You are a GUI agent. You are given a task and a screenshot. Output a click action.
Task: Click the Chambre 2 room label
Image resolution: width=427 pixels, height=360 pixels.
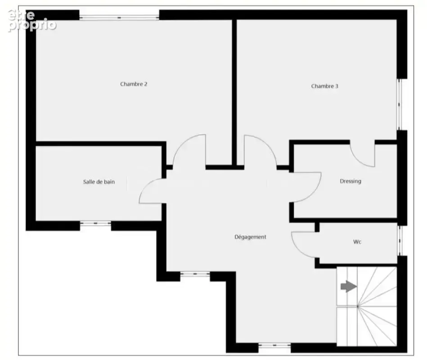(134, 84)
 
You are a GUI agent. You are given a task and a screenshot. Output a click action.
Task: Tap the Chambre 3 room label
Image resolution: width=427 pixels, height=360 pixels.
(324, 86)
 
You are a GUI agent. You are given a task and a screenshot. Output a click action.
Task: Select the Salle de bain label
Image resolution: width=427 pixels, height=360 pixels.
(99, 182)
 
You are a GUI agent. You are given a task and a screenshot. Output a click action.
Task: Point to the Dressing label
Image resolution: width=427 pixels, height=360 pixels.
(351, 181)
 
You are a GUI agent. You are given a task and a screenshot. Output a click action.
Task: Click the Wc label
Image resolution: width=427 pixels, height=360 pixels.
(357, 242)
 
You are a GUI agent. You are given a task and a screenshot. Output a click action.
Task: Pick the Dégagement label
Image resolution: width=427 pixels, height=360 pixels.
(250, 237)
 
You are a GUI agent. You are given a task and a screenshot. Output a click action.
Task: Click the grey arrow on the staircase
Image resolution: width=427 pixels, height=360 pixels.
(349, 287)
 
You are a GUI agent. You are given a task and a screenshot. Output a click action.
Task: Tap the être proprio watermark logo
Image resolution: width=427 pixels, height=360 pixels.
(32, 21)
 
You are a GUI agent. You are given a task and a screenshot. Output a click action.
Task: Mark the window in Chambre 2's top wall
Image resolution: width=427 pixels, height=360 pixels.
(119, 18)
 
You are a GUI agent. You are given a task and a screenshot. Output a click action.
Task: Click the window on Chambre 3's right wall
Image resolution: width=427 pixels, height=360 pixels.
(400, 104)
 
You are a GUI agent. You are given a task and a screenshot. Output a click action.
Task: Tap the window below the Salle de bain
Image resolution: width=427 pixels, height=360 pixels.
(95, 224)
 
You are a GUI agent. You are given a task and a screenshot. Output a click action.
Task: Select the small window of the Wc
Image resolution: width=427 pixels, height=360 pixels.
(400, 240)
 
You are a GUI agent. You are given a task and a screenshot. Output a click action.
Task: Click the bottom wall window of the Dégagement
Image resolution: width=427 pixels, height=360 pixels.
(274, 345)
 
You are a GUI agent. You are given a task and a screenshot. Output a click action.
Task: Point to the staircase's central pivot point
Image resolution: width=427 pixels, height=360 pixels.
(358, 306)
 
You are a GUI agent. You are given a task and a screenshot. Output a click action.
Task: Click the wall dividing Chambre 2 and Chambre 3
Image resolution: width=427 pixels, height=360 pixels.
(234, 93)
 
